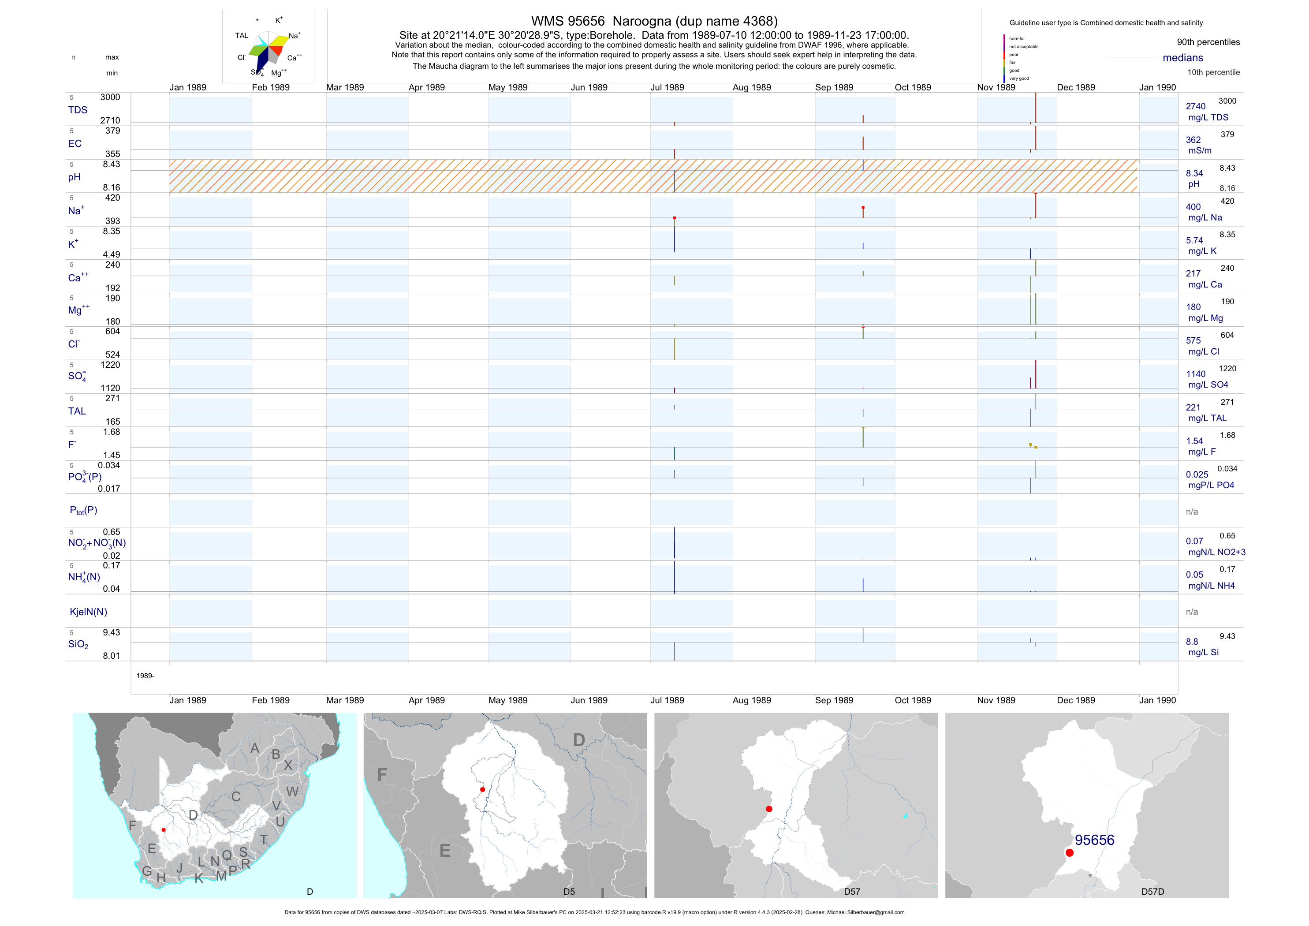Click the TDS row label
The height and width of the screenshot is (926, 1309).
(x=78, y=110)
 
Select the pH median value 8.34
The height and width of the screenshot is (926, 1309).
(x=1194, y=173)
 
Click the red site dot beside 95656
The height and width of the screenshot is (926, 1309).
(x=1070, y=853)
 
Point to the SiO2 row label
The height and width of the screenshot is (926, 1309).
(x=78, y=644)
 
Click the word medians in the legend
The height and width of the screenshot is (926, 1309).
(x=1182, y=58)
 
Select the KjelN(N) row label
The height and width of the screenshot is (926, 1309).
(x=88, y=612)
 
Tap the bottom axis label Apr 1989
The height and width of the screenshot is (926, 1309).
(x=426, y=700)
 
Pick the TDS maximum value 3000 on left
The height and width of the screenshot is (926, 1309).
(x=110, y=97)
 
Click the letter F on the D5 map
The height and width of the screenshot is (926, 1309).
(x=382, y=774)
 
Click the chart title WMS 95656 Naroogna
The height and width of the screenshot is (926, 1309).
(x=654, y=21)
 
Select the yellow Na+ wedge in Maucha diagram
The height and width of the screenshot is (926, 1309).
(x=280, y=40)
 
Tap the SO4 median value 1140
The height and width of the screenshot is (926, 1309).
(x=1196, y=374)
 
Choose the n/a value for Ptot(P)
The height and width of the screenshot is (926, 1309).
(x=1192, y=512)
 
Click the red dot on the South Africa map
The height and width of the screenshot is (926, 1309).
(x=164, y=830)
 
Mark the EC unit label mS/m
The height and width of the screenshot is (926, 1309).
(x=1200, y=150)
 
